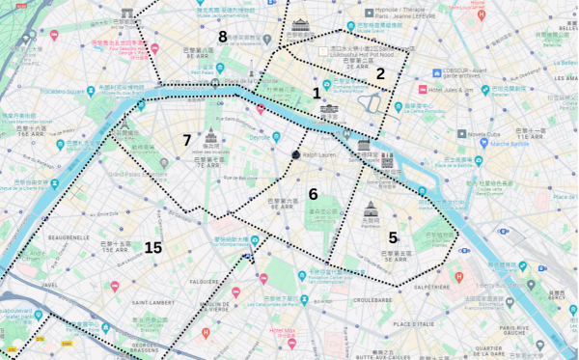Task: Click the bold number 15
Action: click(x=152, y=248)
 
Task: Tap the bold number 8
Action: click(x=223, y=37)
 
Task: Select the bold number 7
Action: click(x=187, y=140)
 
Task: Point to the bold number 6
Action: click(x=313, y=194)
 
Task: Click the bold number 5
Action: click(x=393, y=236)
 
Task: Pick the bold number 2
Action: click(x=380, y=73)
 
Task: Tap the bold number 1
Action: click(x=317, y=93)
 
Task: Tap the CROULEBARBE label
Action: click(x=372, y=300)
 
